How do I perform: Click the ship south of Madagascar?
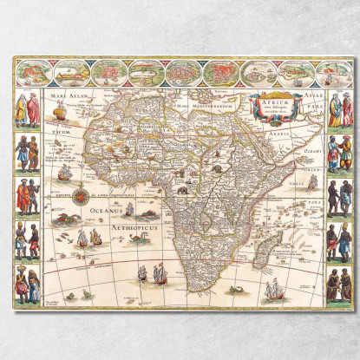click(274, 287)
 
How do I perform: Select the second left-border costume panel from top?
click(27, 153)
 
